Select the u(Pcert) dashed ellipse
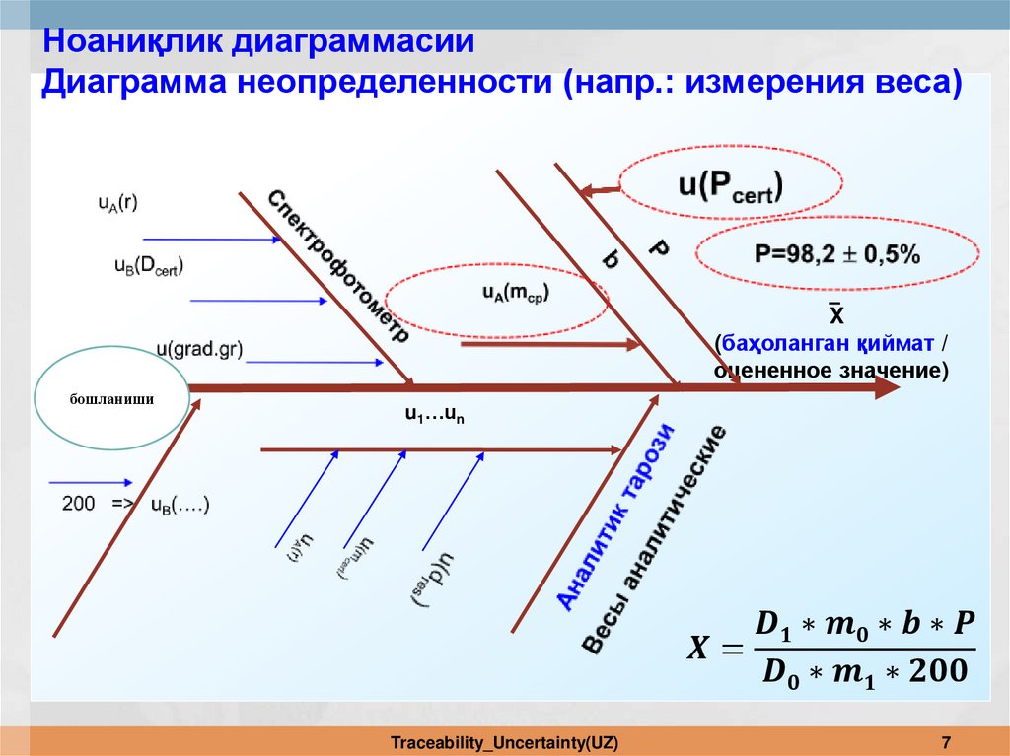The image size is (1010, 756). point(730,183)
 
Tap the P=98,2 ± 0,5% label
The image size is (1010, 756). point(837,255)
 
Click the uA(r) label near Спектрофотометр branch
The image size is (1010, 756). point(116,204)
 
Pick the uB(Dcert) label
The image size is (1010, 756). point(149,265)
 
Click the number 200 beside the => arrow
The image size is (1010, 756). point(79,504)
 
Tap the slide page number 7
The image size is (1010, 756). point(946,741)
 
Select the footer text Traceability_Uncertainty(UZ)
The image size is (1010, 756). point(504,741)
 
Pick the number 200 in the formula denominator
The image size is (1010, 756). point(930,671)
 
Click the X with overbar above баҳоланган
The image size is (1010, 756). point(834,314)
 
